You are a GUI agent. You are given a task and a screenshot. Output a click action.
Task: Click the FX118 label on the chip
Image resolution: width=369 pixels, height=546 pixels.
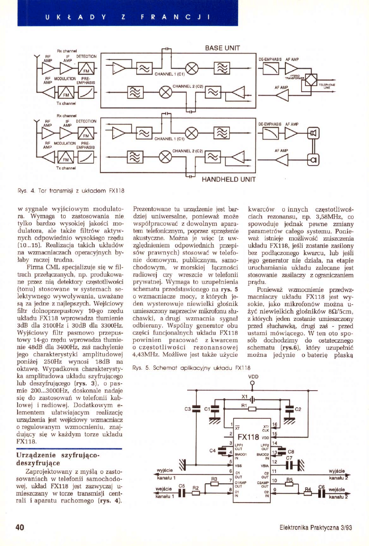click(248, 437)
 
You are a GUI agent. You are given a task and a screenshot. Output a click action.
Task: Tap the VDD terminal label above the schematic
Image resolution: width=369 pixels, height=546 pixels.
click(253, 376)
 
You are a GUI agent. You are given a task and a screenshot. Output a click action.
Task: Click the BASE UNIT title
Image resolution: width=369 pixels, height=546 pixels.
click(223, 48)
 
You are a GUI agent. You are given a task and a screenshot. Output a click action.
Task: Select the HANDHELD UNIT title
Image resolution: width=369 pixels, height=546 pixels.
click(228, 180)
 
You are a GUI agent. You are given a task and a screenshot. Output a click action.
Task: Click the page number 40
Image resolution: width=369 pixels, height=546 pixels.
click(19, 528)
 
